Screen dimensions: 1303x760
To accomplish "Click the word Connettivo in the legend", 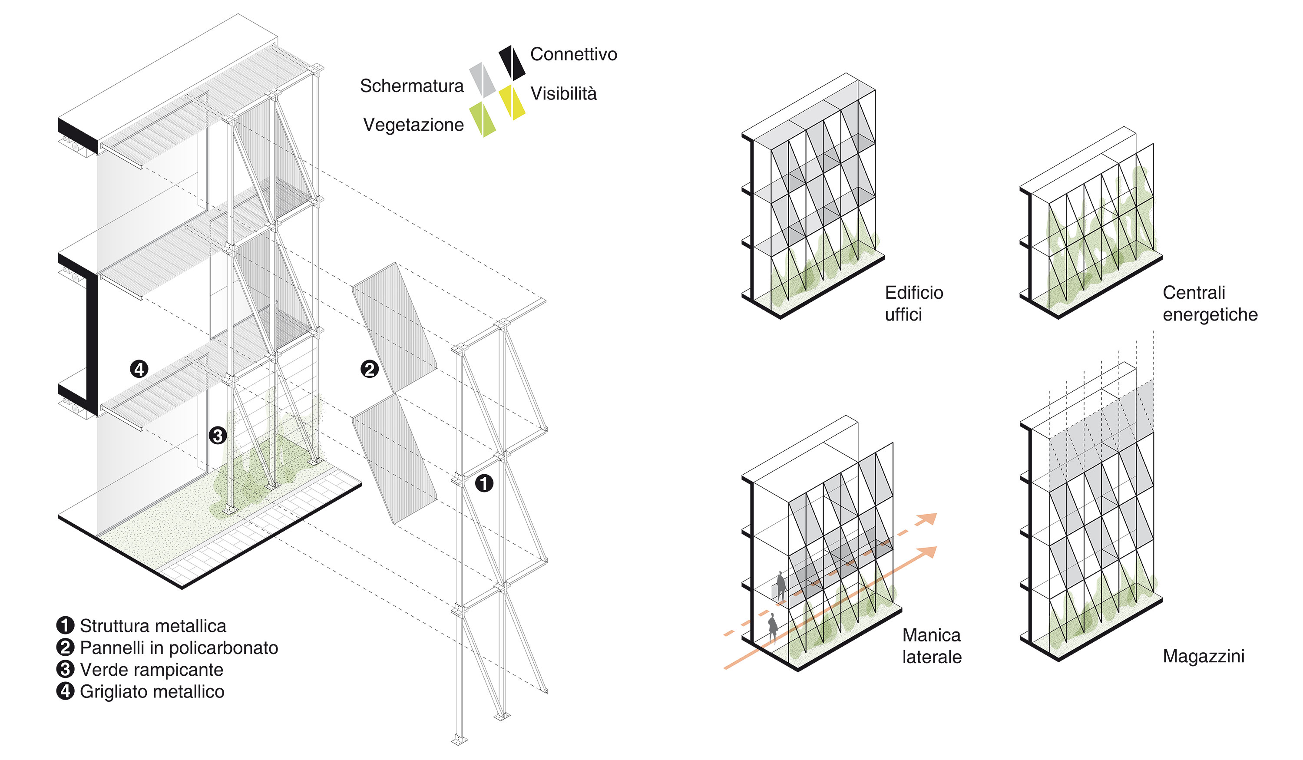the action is [x=573, y=54].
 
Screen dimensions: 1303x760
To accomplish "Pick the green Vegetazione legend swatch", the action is [x=483, y=119].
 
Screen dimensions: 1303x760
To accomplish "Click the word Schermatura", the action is [x=412, y=86].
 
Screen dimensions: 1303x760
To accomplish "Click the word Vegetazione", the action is [x=413, y=125].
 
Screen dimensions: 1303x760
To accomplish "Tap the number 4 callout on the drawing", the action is [x=139, y=369].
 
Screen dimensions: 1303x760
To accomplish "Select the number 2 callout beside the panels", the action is [x=369, y=369].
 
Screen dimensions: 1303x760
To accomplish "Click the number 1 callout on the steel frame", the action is [x=484, y=483].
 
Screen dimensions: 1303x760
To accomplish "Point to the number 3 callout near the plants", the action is [x=218, y=435].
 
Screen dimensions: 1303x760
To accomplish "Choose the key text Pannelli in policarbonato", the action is [x=179, y=648].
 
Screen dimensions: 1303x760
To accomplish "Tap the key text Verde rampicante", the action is [x=152, y=670].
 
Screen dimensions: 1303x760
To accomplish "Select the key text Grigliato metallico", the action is [x=152, y=692].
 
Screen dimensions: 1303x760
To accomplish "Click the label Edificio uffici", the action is [x=914, y=304].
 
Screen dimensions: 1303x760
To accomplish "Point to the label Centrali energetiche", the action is [x=1210, y=304].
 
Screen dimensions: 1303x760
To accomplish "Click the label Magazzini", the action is [x=1203, y=657].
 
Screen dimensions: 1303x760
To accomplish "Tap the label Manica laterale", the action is [x=932, y=646].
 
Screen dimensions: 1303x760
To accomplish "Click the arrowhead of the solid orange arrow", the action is [x=928, y=552].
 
